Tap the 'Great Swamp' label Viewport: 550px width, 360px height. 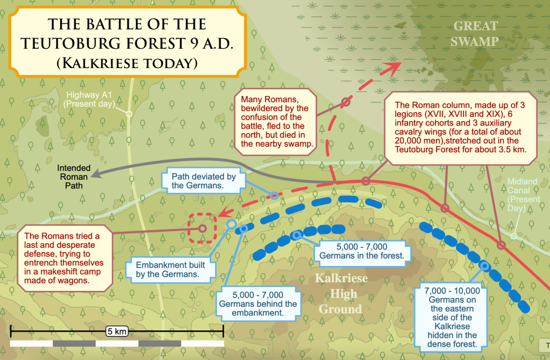coord(476,33)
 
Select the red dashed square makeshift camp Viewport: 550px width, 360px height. coord(202,229)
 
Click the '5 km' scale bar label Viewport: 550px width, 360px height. coord(116,331)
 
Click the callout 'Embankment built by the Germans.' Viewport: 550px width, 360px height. coord(168,269)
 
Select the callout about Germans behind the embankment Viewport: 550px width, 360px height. coord(258,304)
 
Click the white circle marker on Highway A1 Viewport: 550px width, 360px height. coord(128,114)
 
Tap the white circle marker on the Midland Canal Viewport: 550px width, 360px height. coord(514,236)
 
